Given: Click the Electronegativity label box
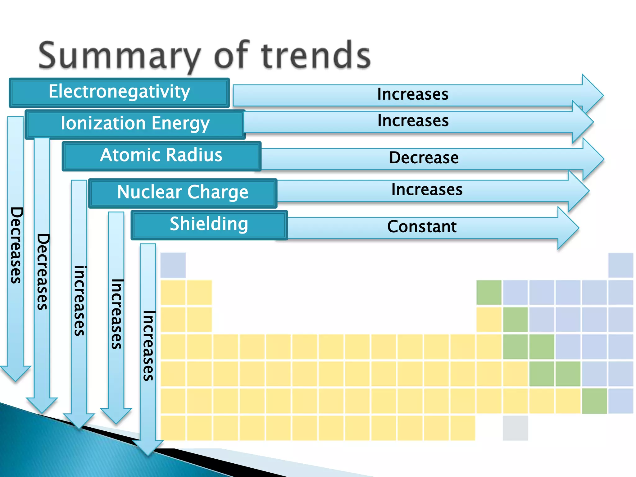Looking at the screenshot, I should point(119,92).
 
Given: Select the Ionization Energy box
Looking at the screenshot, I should point(135,124).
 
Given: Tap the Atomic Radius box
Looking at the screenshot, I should point(161,156).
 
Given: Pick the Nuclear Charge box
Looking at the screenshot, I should point(183,193).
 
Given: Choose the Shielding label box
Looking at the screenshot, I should point(209,225).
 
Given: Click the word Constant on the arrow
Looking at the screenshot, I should point(422,227).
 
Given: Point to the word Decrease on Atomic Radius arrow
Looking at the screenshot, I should point(424,158).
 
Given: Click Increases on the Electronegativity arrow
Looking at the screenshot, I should point(413,94).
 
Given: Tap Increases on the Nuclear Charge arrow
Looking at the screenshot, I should point(427,190).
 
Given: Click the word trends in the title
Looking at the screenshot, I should point(316,56).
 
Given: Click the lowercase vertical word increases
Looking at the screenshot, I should point(79,301).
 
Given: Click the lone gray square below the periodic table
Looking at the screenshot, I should point(515,428).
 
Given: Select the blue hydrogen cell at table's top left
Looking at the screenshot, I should point(173,265).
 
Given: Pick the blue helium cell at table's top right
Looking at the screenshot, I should point(620,265).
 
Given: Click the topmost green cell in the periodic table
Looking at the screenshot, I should point(489,292).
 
